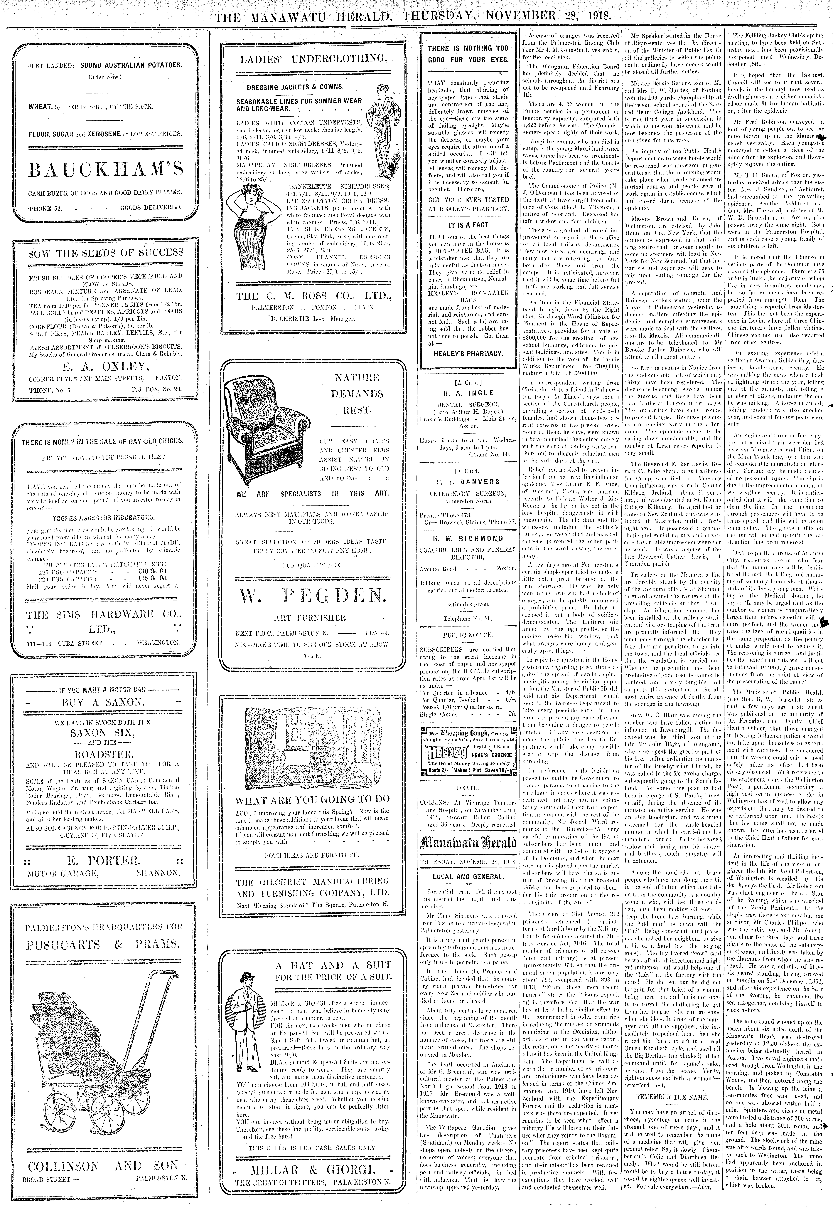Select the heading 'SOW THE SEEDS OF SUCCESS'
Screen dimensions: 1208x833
pyautogui.click(x=105, y=253)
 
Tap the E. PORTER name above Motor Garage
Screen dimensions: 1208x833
pyautogui.click(x=105, y=860)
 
